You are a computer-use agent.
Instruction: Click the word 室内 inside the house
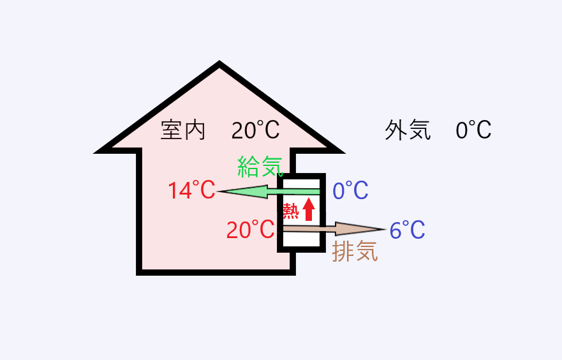pos(183,130)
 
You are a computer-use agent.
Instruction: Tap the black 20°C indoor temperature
pos(255,130)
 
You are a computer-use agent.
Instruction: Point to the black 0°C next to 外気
pos(473,130)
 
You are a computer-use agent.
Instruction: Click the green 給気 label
pos(260,166)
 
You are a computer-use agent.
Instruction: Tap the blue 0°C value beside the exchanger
pos(351,190)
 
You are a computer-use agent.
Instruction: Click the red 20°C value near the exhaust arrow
pos(250,230)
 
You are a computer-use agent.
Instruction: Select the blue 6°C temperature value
pos(408,230)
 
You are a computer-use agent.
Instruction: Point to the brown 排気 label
pos(355,251)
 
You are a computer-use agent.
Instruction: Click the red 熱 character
pos(291,210)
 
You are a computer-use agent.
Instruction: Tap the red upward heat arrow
pos(309,209)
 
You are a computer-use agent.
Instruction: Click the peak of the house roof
pos(219,64)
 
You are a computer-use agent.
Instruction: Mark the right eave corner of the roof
pos(337,151)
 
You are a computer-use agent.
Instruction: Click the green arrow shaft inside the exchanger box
pos(300,191)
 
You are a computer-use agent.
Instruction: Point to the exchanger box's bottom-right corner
pos(323,248)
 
